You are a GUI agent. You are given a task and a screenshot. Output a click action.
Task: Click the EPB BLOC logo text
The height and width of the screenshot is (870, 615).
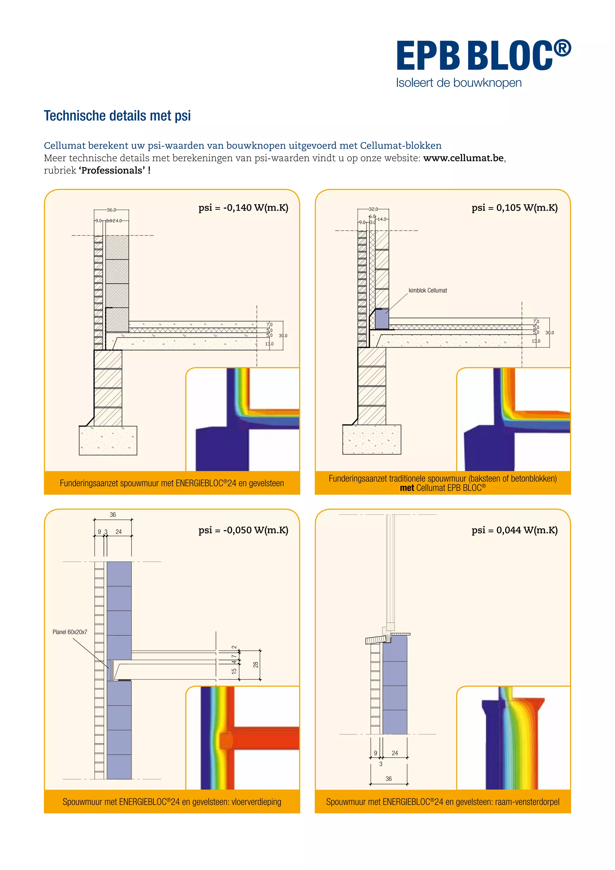click(483, 56)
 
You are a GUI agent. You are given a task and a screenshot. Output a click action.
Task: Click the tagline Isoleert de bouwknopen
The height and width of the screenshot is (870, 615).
click(459, 83)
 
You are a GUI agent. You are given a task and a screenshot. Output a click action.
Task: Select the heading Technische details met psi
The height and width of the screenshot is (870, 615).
click(117, 116)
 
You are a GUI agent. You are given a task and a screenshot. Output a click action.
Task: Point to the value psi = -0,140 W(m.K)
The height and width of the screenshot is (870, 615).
click(243, 208)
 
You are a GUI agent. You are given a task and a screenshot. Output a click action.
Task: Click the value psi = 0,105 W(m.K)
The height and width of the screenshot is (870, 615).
click(514, 208)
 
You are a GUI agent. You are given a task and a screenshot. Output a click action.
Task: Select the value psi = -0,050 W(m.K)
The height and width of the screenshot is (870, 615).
click(243, 530)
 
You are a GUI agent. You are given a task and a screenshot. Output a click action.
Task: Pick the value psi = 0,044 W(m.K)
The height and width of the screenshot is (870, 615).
click(514, 530)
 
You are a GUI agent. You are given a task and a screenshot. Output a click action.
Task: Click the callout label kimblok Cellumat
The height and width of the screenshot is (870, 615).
click(428, 291)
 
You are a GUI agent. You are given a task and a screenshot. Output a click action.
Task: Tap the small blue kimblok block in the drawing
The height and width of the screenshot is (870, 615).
click(382, 319)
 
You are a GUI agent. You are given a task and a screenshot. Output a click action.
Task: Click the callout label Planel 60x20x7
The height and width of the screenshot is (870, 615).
click(70, 632)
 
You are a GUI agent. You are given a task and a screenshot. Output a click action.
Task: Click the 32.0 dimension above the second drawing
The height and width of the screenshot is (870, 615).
click(373, 209)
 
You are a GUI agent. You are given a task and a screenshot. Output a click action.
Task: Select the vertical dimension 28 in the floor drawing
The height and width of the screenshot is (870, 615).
click(256, 665)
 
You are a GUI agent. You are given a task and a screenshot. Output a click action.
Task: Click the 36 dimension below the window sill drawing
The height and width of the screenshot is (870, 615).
click(389, 779)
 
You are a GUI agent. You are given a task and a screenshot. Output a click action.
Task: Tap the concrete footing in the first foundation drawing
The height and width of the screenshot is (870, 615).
click(108, 440)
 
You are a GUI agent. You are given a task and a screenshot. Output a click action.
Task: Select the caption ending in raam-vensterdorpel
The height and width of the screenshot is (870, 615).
click(442, 802)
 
